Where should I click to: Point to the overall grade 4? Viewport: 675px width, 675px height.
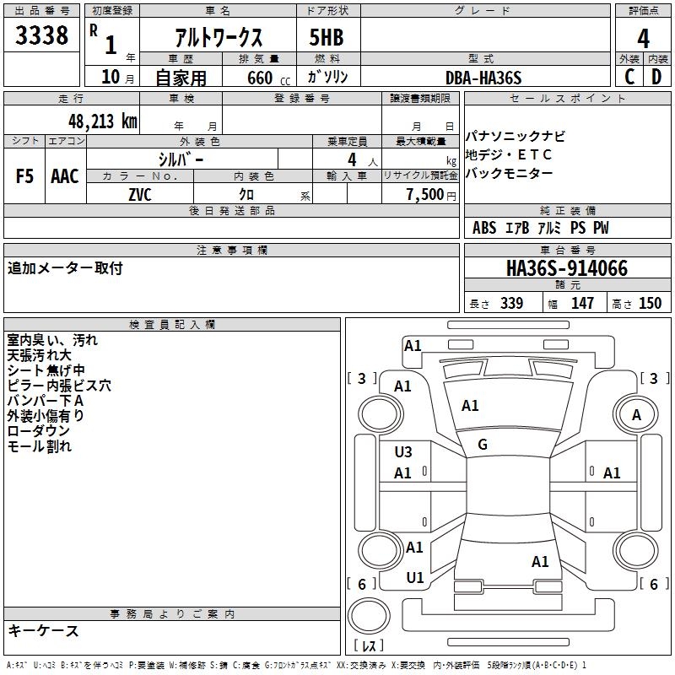coord(643,38)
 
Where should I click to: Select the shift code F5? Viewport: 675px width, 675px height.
coord(25,175)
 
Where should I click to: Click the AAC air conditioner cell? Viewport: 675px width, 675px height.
coord(65,175)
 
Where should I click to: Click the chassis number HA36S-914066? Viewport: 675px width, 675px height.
coord(567,268)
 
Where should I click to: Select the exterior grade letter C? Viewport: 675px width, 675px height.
coord(629,78)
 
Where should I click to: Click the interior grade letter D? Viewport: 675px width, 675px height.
coord(656,78)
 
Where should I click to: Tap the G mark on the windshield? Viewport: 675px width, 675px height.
coord(483,445)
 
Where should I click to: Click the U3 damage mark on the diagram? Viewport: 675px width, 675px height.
coord(403,452)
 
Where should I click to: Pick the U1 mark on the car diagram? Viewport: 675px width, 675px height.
coord(414,578)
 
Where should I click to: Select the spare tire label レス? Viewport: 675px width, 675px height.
coord(370,646)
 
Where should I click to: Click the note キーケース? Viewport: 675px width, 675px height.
coord(43,631)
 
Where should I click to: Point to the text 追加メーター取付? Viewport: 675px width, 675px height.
coord(65,268)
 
